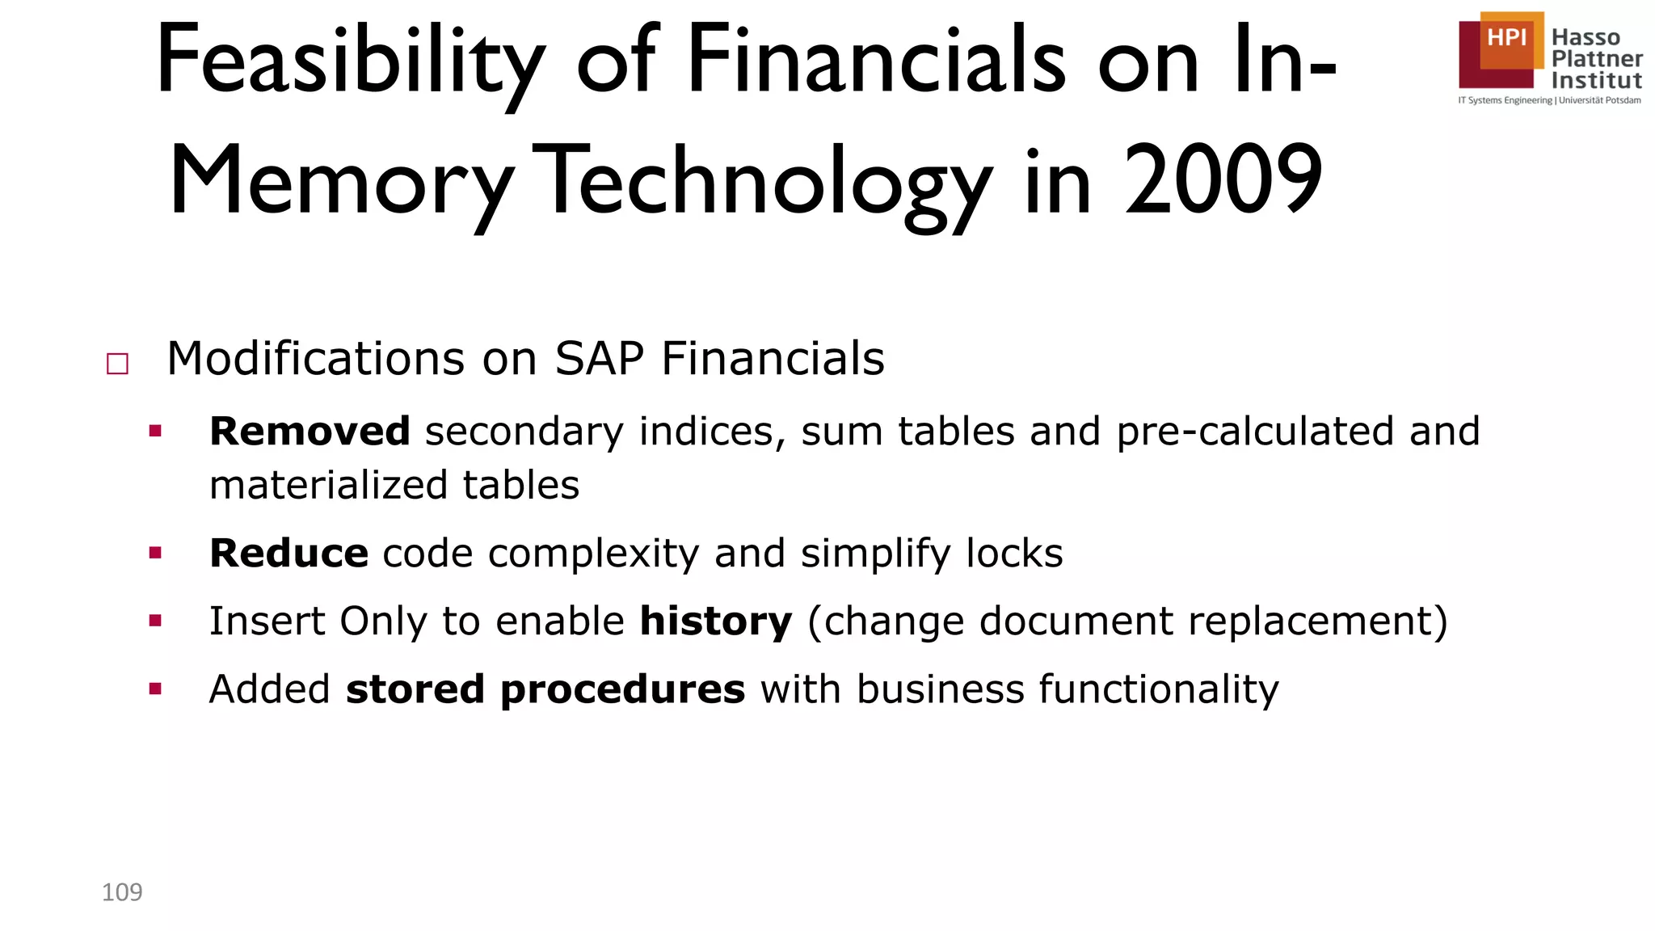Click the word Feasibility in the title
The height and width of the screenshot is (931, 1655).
point(350,61)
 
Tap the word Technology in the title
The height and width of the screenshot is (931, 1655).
point(766,183)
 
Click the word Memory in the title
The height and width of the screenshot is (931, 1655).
point(341,183)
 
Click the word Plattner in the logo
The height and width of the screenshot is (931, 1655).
point(1597,59)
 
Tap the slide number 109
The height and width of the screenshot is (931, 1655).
point(122,892)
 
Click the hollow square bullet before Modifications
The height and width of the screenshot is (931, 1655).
point(118,364)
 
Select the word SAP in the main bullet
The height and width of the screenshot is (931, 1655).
point(599,359)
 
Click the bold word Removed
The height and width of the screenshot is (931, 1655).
point(310,431)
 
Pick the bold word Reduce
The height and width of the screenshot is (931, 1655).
point(288,554)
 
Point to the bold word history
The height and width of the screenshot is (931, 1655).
point(715,621)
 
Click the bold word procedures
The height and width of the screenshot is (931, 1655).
point(622,689)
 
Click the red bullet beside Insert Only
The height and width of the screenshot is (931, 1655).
point(155,621)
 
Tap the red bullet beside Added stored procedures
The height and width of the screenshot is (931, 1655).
point(155,689)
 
